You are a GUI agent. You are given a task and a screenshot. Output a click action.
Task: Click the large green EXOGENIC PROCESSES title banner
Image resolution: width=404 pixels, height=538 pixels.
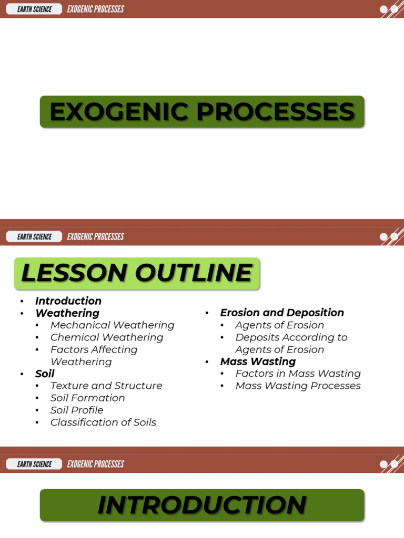coord(202,111)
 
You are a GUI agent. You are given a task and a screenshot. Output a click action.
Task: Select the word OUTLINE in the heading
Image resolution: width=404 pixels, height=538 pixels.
coord(193,273)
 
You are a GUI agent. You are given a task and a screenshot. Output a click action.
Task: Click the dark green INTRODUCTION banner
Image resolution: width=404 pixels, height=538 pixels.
coord(202,505)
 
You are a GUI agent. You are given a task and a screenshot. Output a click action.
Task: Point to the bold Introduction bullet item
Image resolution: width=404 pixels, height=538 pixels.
coord(68,301)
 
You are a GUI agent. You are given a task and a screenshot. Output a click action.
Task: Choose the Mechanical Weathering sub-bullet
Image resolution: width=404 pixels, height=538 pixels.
coord(112,325)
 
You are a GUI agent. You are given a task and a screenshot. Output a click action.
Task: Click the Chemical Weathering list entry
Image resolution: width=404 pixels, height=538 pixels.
coord(107,337)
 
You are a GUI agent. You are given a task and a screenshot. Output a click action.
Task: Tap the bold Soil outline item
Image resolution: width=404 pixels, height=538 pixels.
coord(45,374)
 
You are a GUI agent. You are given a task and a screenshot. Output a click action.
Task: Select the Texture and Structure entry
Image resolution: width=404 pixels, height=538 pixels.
coord(106,386)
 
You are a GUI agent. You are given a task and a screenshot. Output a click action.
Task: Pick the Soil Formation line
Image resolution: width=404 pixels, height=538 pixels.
coord(87,398)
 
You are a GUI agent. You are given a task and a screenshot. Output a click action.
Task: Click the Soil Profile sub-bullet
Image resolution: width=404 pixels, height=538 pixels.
coord(77,410)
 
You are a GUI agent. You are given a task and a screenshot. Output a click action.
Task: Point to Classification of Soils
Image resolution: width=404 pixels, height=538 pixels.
coord(103,422)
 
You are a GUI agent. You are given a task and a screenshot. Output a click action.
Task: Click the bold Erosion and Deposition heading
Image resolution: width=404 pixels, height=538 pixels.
coord(282,313)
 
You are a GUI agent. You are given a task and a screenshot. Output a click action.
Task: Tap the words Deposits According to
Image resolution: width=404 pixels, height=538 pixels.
coord(291,337)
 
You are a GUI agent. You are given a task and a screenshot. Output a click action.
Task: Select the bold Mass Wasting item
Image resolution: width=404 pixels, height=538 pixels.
coord(258,361)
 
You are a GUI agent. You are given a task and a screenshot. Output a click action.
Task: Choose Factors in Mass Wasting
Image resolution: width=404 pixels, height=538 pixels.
coord(298,374)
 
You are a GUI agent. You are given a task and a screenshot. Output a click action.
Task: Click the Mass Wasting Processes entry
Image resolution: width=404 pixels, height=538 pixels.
coord(298,386)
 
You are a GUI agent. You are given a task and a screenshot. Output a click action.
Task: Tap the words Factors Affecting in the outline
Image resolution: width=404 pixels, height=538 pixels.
coord(94,349)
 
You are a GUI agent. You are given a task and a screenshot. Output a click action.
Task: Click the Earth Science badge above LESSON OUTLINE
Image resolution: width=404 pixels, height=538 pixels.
coord(34,236)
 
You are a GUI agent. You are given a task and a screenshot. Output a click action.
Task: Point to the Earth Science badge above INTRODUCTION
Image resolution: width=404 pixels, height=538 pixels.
coord(34,464)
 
